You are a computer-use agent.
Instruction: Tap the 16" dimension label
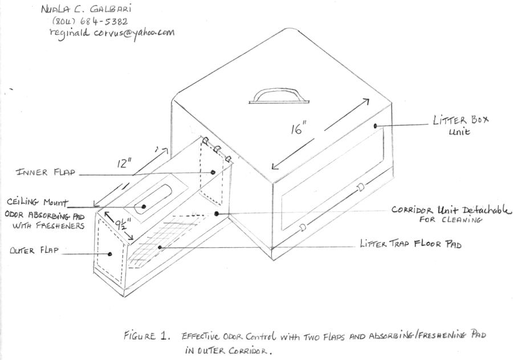[298, 128]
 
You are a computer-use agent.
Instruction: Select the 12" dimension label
[124, 162]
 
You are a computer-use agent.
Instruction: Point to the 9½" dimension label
[123, 225]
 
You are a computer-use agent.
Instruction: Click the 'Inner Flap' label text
[46, 172]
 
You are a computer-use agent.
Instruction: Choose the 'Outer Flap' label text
[34, 251]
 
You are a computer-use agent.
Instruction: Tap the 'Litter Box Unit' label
[461, 125]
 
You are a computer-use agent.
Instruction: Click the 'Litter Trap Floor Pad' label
[410, 244]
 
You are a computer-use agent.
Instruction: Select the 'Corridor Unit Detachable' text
[451, 209]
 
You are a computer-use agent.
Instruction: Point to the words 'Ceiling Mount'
[37, 202]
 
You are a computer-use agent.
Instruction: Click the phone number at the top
[89, 21]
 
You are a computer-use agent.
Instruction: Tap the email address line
[112, 32]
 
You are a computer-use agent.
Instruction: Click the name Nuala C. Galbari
[86, 9]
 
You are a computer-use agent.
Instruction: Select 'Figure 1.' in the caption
[146, 336]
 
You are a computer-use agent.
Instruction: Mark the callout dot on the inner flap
[213, 172]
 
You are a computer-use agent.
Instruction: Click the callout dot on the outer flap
[110, 253]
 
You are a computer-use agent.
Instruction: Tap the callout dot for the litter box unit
[375, 126]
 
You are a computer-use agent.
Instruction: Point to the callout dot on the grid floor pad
[160, 247]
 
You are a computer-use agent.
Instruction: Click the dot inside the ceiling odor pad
[143, 206]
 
